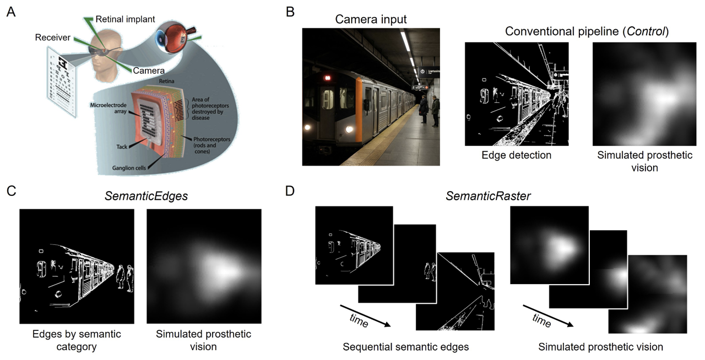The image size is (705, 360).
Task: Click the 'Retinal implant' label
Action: pos(125,19)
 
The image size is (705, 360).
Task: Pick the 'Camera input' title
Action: pos(371,20)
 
